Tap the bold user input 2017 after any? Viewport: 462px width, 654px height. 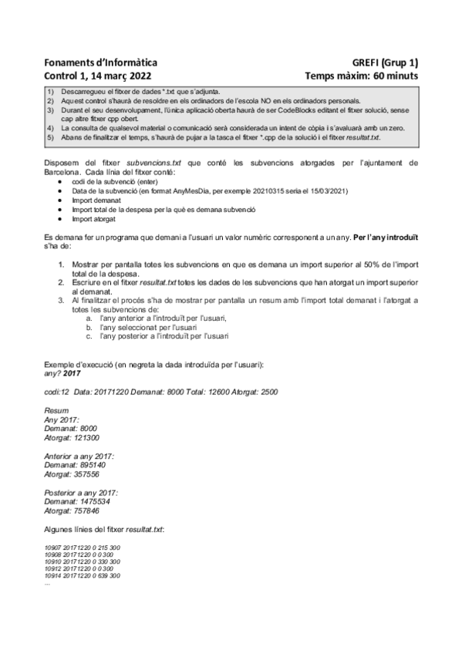(x=72, y=373)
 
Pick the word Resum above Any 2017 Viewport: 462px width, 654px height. (x=56, y=412)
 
